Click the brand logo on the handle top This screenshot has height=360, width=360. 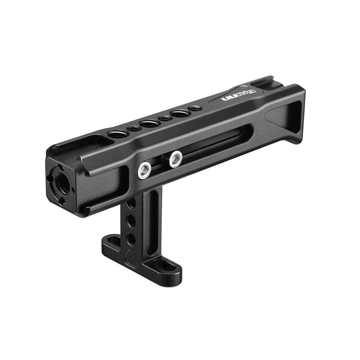point(238,93)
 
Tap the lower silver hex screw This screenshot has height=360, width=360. point(144,171)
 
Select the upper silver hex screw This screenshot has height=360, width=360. point(175,158)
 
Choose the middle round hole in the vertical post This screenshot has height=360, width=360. point(131,220)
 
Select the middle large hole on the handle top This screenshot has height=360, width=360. point(149,123)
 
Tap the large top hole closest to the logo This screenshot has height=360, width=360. point(180,113)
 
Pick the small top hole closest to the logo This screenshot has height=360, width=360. point(194,108)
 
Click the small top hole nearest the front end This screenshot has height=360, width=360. point(134,129)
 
